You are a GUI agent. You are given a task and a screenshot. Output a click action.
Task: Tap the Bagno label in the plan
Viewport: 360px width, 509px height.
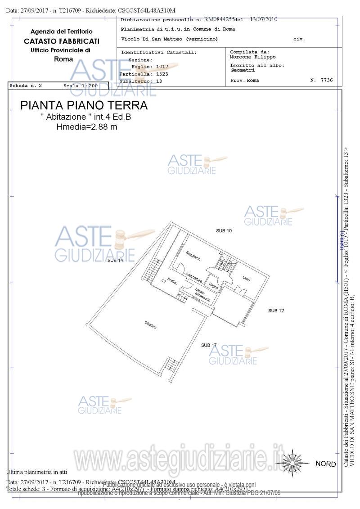tap(214, 284)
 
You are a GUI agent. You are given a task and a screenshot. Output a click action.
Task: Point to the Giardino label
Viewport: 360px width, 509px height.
tap(151, 325)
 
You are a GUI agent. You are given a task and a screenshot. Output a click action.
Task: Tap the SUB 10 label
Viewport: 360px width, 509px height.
tap(224, 231)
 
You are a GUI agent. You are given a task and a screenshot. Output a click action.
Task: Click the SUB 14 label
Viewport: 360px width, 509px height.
tap(115, 261)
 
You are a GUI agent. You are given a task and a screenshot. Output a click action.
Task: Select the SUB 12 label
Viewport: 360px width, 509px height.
tap(276, 311)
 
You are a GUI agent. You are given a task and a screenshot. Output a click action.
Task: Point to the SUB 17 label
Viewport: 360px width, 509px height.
tap(209, 345)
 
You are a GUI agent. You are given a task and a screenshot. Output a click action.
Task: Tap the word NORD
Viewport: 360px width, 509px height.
tap(325, 464)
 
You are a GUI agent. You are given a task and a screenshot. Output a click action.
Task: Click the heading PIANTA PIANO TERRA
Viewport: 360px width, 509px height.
tap(84, 106)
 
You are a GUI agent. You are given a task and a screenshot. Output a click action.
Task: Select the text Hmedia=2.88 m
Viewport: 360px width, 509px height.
tap(87, 127)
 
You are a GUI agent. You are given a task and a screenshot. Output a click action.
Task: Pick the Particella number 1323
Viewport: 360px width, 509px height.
tap(162, 74)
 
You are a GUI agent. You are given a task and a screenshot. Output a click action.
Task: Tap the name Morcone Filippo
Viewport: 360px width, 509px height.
tap(252, 57)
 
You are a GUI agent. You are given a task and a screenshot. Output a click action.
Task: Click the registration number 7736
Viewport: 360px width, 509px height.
tap(327, 80)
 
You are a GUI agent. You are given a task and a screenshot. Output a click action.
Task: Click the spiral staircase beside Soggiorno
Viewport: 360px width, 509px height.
tap(225, 263)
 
